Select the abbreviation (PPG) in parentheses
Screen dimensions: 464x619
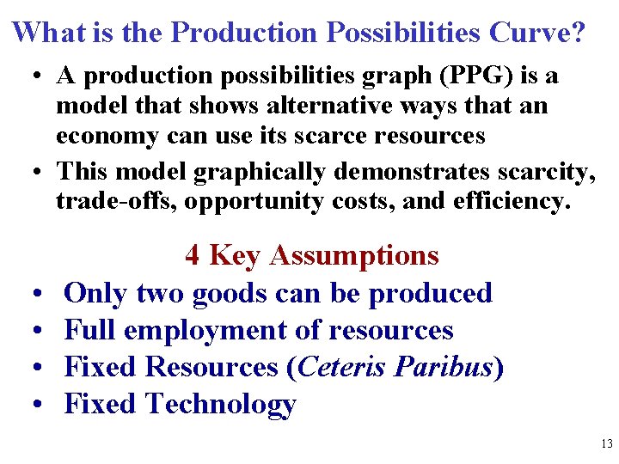point(468,76)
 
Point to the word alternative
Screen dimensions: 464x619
point(270,106)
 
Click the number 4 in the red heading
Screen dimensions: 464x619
point(193,255)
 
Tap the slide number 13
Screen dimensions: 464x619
point(607,444)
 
